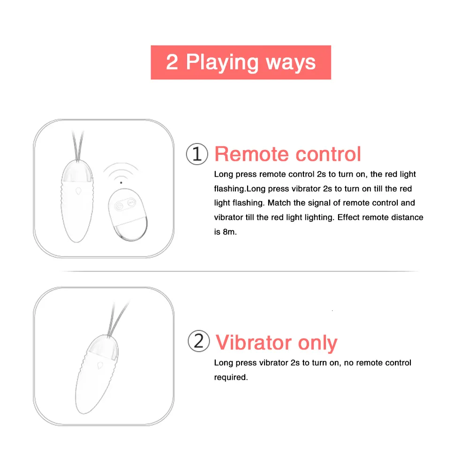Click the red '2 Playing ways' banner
tap(241, 62)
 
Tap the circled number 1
tap(197, 154)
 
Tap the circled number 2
tap(198, 342)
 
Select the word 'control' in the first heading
tap(329, 154)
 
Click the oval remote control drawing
tap(127, 215)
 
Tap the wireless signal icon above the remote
tap(121, 174)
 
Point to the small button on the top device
tap(78, 192)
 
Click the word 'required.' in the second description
tap(231, 377)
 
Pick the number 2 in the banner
tap(172, 62)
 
